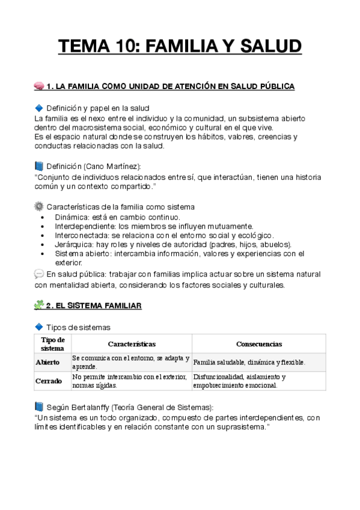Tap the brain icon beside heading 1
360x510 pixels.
pos(40,87)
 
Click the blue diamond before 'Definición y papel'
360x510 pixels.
pos(40,108)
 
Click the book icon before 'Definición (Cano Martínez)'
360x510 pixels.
pos(40,166)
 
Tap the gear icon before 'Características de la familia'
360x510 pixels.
pos(40,207)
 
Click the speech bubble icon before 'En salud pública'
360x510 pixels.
pos(40,274)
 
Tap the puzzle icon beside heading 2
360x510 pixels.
pos(40,306)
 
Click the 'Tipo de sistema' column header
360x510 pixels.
pos(52,344)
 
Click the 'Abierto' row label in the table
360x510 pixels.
pos(48,363)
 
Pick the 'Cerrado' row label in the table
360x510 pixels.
pos(48,381)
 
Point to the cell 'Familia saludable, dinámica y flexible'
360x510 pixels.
pos(249,363)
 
